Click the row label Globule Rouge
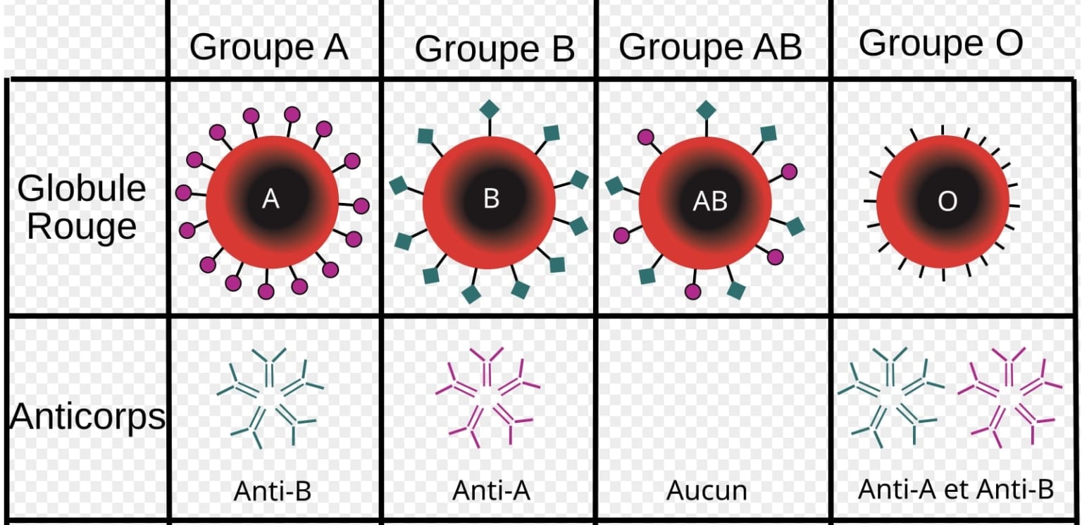point(82,208)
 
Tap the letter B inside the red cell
point(491,198)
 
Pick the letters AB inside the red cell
point(709,201)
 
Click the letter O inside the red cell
point(947,201)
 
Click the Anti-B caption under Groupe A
point(273,491)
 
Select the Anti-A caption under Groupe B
point(491,491)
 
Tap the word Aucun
point(707,491)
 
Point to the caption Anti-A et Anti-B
point(956,489)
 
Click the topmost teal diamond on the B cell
point(490,109)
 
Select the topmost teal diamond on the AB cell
point(707,110)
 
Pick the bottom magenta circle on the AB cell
point(693,292)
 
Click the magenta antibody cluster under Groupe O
point(1009,397)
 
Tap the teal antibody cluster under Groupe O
point(890,397)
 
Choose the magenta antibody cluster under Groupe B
point(488,397)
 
